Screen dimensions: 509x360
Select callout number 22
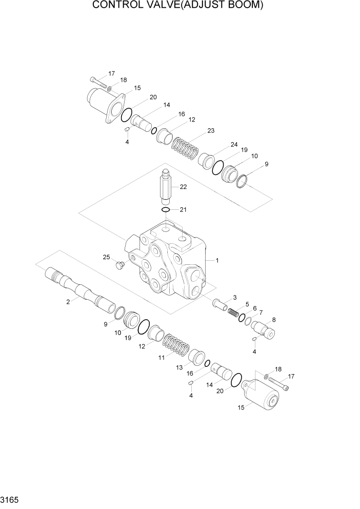point(183,187)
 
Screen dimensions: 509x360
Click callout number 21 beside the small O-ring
point(183,210)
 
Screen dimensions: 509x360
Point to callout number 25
point(106,257)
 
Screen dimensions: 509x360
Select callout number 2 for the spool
point(68,302)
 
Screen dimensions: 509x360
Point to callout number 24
point(234,144)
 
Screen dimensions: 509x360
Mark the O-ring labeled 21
point(166,210)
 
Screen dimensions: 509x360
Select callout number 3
point(234,297)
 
